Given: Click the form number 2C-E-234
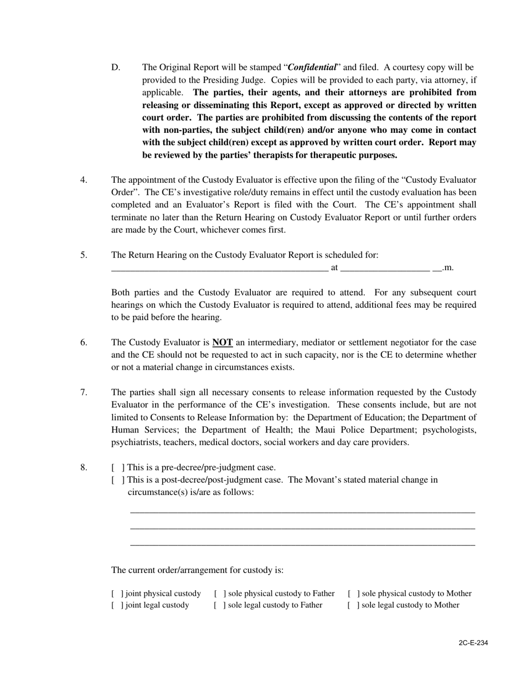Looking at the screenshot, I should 473,643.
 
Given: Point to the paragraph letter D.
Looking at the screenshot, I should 115,68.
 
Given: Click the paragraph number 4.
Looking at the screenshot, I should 84,180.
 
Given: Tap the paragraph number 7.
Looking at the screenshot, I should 84,393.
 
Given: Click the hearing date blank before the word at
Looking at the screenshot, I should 219,269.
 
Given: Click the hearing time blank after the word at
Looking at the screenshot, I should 385,269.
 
